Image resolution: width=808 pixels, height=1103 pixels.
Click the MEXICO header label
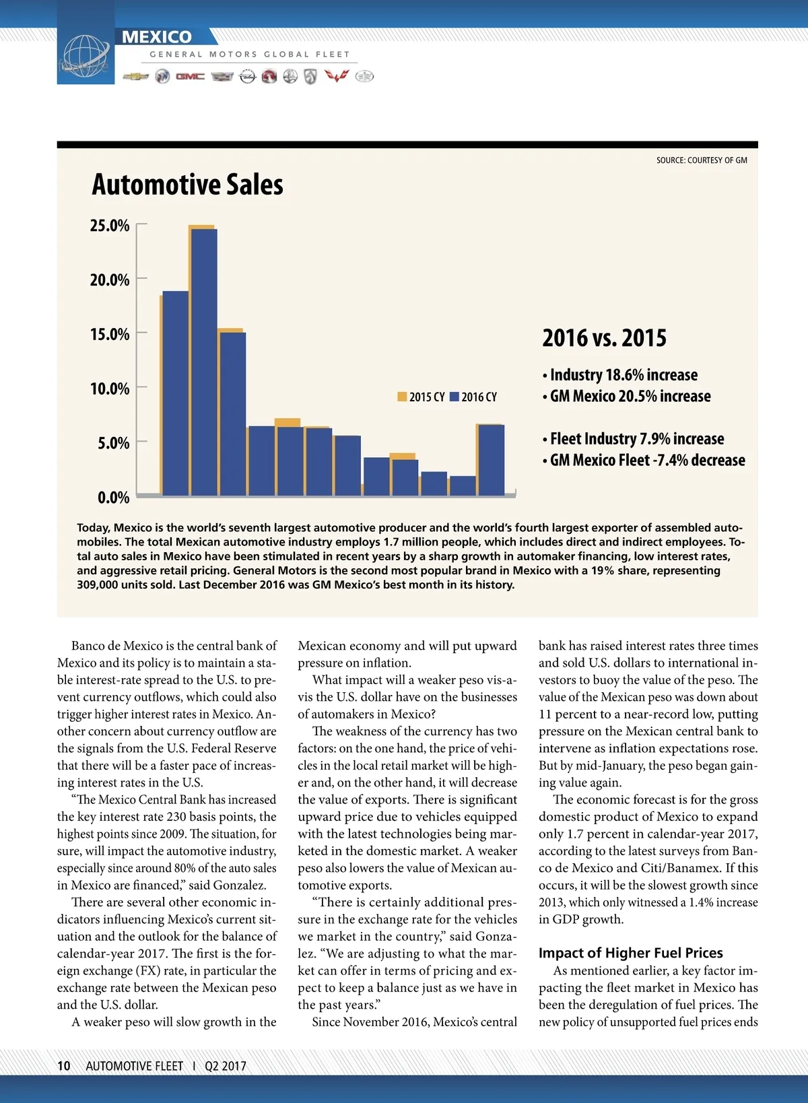(x=157, y=37)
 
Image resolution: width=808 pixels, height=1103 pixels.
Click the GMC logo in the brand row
(x=190, y=77)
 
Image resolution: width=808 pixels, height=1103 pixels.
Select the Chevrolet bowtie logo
(x=136, y=77)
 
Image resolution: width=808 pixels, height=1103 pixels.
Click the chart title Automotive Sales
(x=187, y=185)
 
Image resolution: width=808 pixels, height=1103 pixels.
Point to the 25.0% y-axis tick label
(x=110, y=226)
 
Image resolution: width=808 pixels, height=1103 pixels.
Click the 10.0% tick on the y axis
(x=110, y=389)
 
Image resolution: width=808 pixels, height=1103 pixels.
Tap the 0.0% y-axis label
(x=113, y=498)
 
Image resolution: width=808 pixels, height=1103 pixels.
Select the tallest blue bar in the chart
(x=204, y=362)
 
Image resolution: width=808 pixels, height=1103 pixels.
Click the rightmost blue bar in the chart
(x=491, y=461)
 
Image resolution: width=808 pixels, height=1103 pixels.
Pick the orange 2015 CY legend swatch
(x=402, y=397)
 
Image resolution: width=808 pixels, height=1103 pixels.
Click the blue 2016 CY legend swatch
(x=454, y=397)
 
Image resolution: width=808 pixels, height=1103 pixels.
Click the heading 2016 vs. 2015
(x=604, y=337)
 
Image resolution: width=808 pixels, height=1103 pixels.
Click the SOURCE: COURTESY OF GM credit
(x=702, y=160)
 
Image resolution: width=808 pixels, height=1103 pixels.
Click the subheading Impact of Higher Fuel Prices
(x=630, y=953)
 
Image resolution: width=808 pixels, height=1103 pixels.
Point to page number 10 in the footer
(x=64, y=1066)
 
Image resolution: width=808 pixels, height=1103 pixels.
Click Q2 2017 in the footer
(x=226, y=1066)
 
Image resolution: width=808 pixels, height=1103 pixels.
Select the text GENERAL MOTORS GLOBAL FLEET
(x=250, y=55)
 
